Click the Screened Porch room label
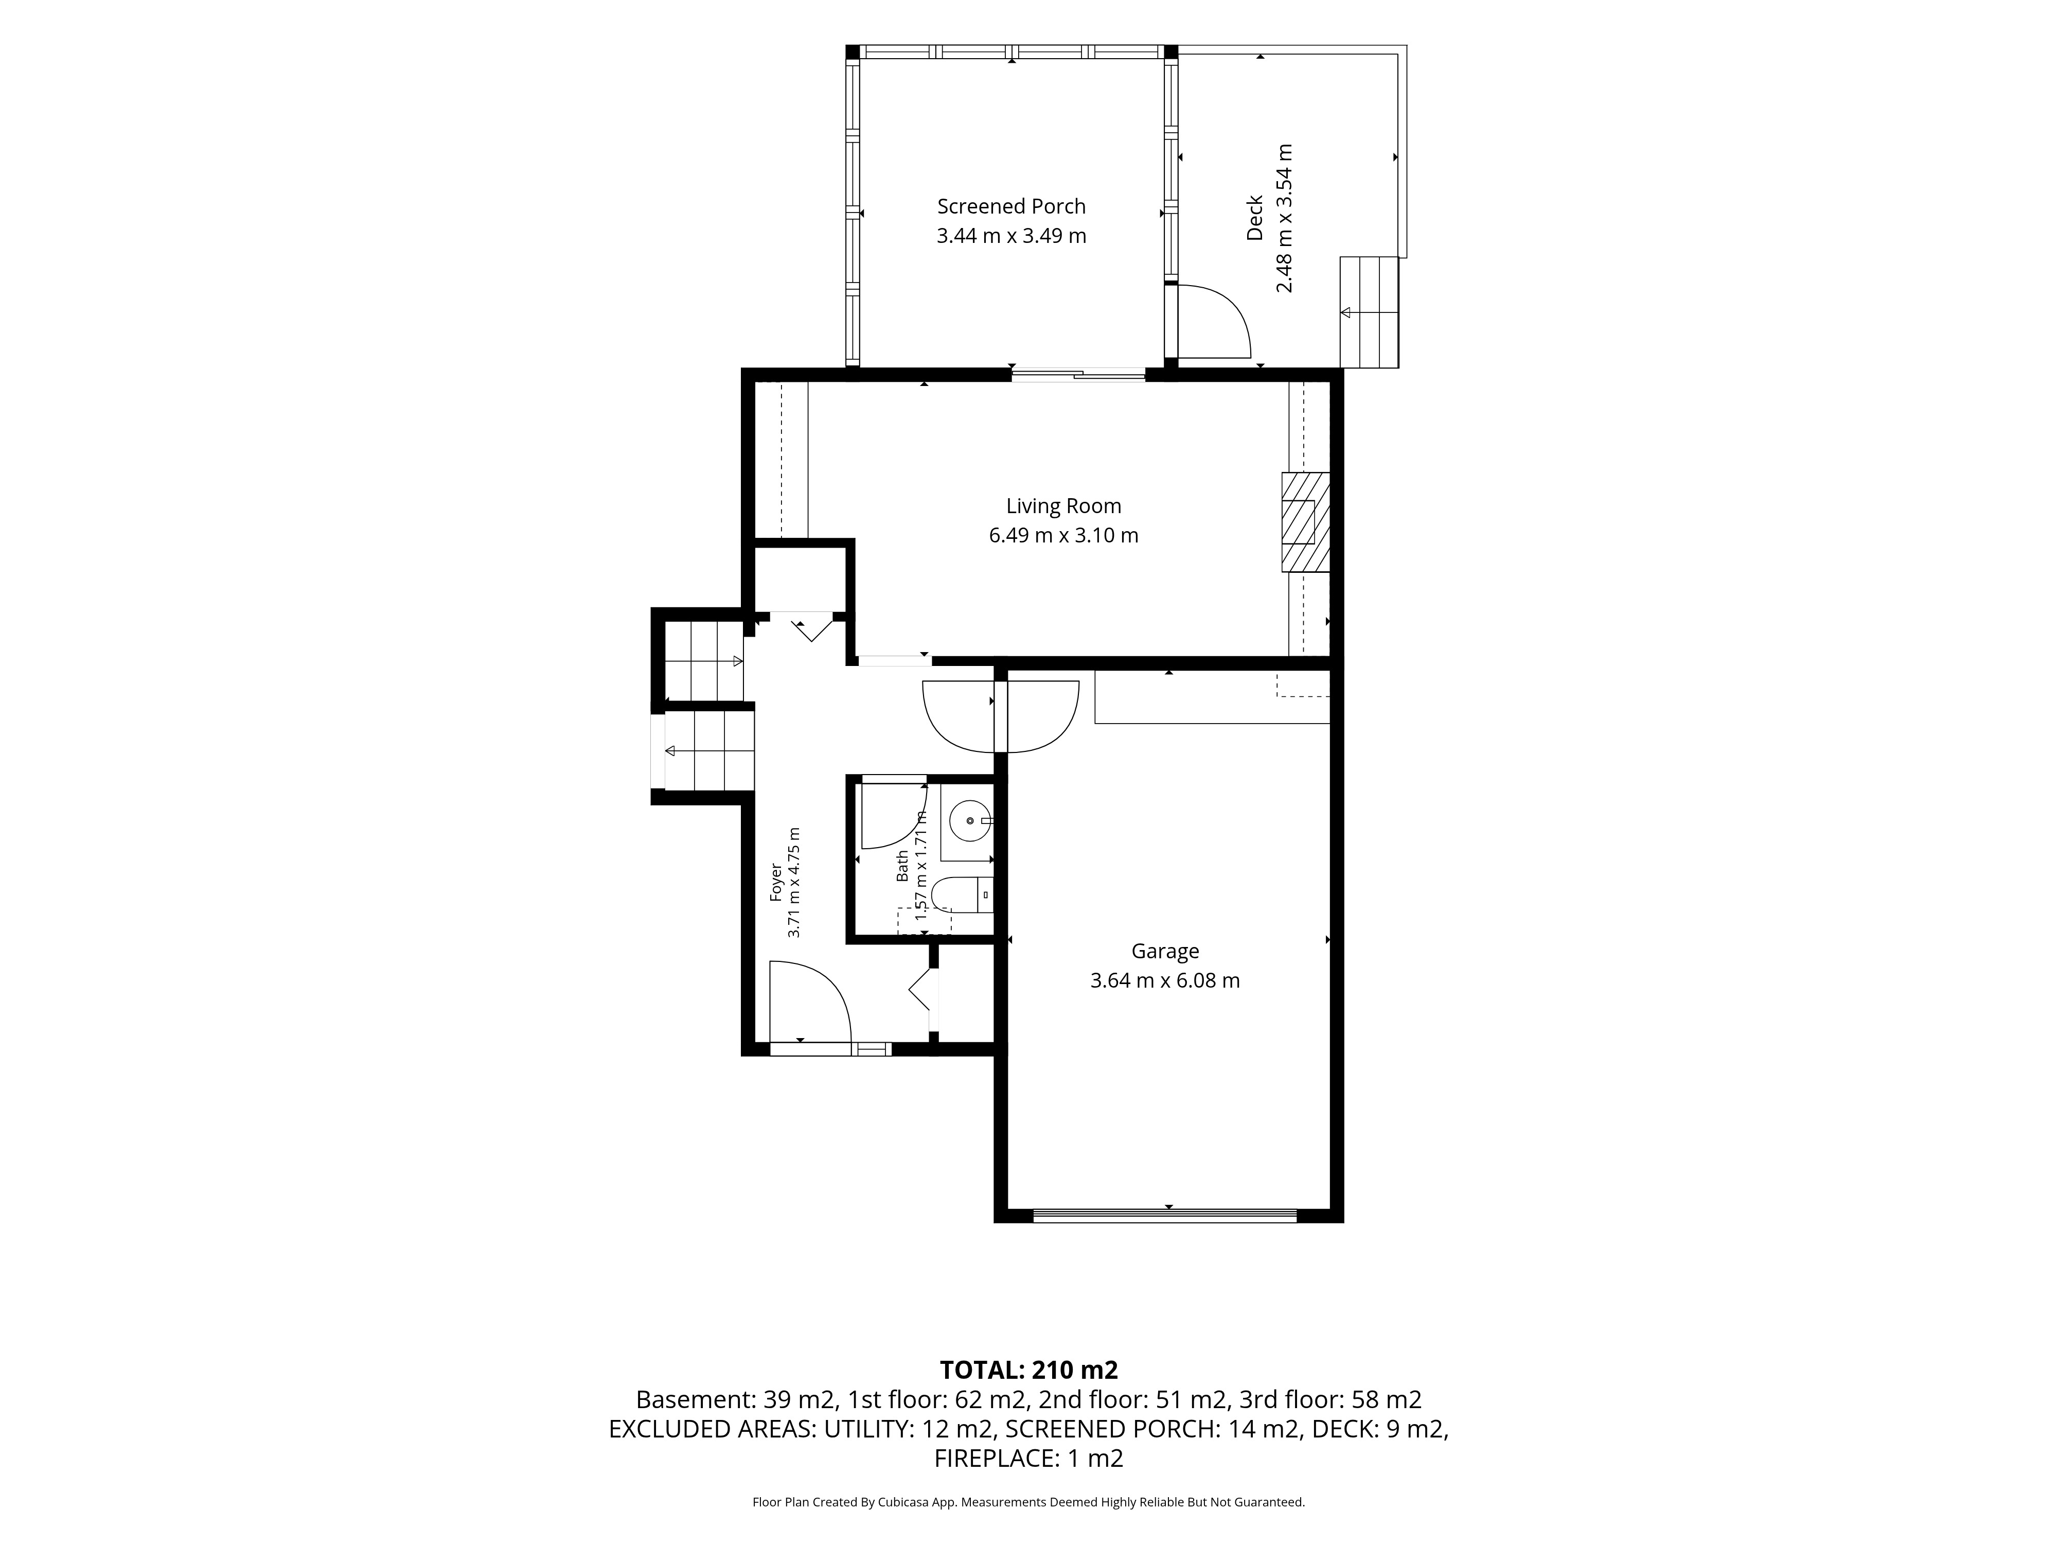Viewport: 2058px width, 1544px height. pos(1012,206)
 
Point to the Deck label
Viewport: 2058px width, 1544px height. pos(1255,218)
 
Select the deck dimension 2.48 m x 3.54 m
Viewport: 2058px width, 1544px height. pos(1284,218)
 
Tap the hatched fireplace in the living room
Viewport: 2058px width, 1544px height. pos(1305,522)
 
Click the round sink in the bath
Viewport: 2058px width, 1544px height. pos(970,821)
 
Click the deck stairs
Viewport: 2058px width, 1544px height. pos(1370,313)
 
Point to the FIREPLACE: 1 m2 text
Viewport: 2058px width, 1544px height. pos(1029,1459)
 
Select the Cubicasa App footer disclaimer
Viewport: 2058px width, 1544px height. pos(1029,1501)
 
